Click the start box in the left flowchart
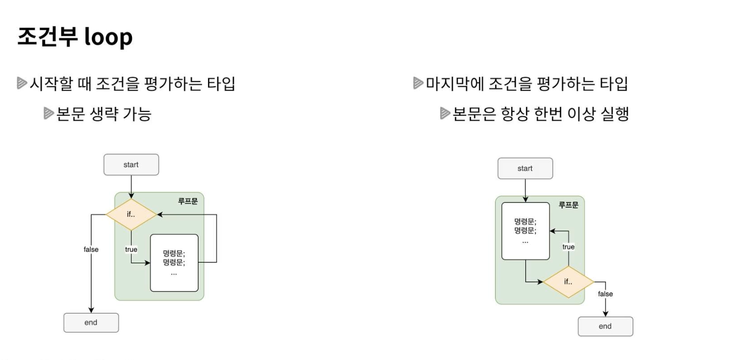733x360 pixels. click(x=131, y=165)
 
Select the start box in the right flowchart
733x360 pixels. click(x=525, y=169)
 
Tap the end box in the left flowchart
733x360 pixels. click(x=91, y=323)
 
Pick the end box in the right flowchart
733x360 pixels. click(x=605, y=327)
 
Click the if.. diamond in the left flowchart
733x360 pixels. click(x=131, y=215)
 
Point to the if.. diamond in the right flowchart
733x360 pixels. click(x=568, y=282)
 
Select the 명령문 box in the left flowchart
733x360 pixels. click(x=174, y=263)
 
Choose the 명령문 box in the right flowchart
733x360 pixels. click(x=525, y=231)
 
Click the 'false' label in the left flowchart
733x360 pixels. click(x=91, y=250)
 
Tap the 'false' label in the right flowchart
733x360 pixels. click(x=605, y=294)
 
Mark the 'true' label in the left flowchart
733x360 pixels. click(x=131, y=250)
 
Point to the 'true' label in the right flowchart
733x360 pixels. click(x=568, y=247)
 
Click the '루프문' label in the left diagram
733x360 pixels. click(x=187, y=201)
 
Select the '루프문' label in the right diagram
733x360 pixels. click(x=568, y=205)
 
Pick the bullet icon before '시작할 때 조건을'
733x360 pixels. click(x=22, y=84)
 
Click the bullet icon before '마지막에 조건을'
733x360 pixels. click(x=418, y=84)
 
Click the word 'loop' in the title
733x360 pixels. click(x=108, y=37)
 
